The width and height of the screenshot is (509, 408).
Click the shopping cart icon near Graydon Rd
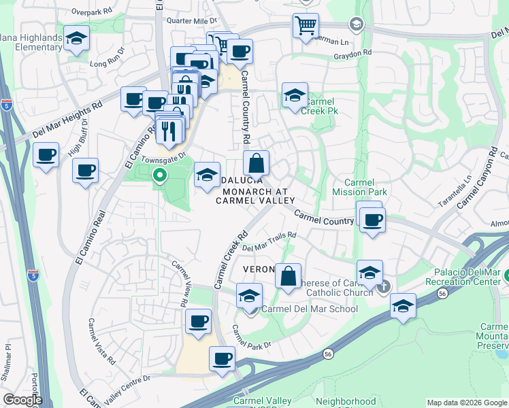pyautogui.click(x=306, y=26)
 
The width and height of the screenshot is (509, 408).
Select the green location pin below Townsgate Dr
pyautogui.click(x=160, y=176)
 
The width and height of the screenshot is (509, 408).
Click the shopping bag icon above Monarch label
pyautogui.click(x=257, y=163)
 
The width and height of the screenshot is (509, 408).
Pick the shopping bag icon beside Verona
pyautogui.click(x=289, y=276)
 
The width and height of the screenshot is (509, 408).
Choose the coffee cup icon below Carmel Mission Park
pyautogui.click(x=373, y=220)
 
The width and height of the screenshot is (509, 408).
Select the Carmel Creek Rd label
pyautogui.click(x=231, y=260)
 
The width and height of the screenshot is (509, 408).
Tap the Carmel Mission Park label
pyautogui.click(x=365, y=187)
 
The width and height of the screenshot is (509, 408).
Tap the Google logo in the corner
pyautogui.click(x=23, y=400)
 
